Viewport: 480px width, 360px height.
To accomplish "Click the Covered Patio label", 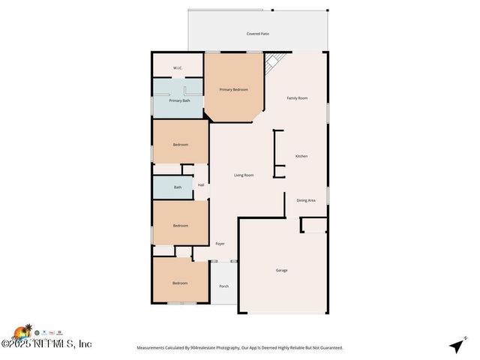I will tap(257, 34).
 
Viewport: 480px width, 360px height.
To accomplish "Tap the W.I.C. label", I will tap(178, 68).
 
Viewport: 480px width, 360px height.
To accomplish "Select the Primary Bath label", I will tap(179, 100).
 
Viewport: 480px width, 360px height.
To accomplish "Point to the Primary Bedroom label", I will tap(233, 89).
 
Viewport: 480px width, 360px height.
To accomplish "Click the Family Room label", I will tap(297, 98).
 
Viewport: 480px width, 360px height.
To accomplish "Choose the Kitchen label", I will tap(301, 156).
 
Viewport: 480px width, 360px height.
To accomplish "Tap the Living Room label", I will tap(244, 175).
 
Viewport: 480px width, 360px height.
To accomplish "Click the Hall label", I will tap(201, 185).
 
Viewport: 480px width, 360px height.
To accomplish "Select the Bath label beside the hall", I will tap(178, 187).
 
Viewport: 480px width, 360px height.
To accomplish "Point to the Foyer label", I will tap(220, 244).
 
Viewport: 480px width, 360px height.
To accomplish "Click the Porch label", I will tap(223, 286).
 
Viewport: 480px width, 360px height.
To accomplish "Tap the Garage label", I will tap(281, 270).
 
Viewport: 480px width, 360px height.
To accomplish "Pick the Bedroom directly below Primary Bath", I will tap(180, 144).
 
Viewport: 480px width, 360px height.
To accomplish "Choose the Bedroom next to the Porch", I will tap(180, 283).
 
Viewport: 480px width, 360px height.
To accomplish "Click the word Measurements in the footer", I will tap(154, 347).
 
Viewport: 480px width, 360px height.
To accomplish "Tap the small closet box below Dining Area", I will tap(314, 225).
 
